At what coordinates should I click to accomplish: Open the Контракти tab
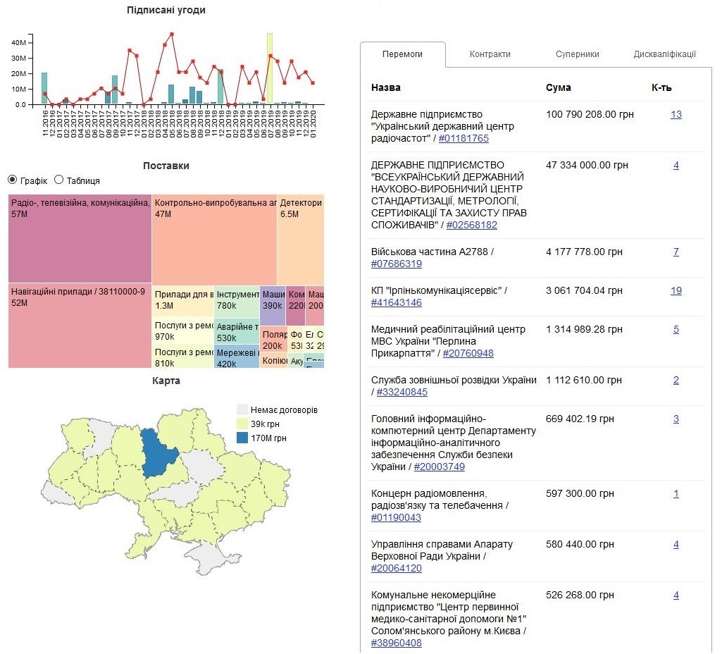pos(490,54)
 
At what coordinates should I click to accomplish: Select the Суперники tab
pos(577,54)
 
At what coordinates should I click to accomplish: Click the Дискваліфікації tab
pos(664,54)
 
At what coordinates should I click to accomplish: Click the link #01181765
pos(463,139)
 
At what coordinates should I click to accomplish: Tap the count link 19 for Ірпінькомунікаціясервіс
pos(676,290)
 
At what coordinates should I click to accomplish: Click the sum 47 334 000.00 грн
pos(587,165)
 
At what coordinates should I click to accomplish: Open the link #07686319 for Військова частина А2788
pos(396,264)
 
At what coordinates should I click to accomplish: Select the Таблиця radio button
pos(59,180)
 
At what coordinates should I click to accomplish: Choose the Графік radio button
pos(12,180)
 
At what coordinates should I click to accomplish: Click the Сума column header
pos(558,87)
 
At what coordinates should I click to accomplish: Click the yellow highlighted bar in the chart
pos(270,68)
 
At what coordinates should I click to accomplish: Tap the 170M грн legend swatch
pos(242,438)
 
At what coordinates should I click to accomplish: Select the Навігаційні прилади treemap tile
pos(80,325)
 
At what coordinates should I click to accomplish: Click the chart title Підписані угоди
pos(166,10)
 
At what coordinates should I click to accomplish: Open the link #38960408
pos(396,643)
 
